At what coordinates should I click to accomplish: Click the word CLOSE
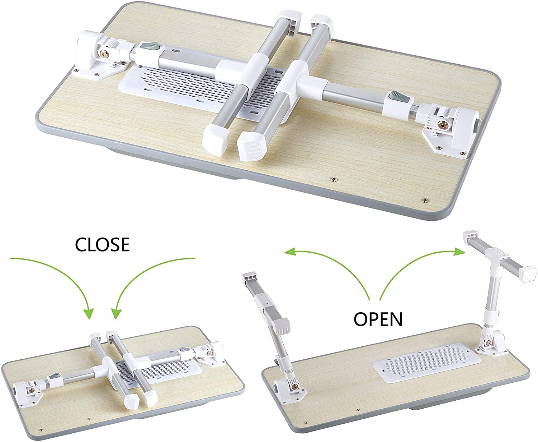102,244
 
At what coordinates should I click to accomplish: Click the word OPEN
378,318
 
